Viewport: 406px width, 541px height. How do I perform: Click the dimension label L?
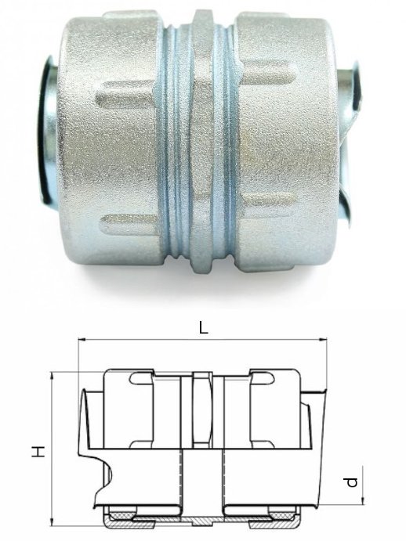pyautogui.click(x=204, y=328)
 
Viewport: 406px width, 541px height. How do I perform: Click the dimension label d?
pyautogui.click(x=352, y=482)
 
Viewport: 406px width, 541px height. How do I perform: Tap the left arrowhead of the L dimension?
pyautogui.click(x=82, y=341)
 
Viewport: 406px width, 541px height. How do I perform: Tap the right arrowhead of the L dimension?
pyautogui.click(x=323, y=341)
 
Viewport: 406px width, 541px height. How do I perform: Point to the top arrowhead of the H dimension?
pyautogui.click(x=53, y=376)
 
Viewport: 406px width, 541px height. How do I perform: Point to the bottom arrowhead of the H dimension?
pyautogui.click(x=53, y=523)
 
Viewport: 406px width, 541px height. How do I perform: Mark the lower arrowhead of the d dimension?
pyautogui.click(x=363, y=501)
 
